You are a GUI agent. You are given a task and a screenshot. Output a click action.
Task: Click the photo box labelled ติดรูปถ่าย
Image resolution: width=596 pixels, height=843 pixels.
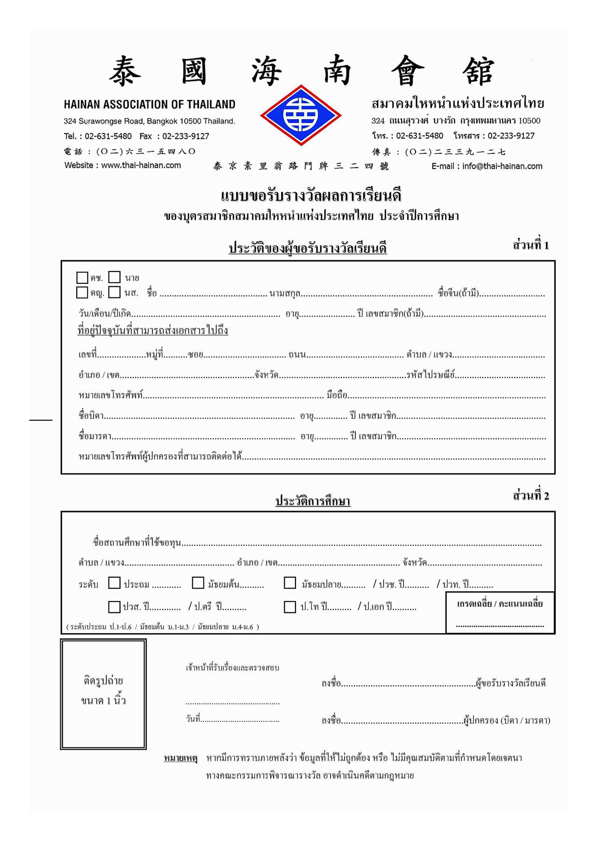pos(103,694)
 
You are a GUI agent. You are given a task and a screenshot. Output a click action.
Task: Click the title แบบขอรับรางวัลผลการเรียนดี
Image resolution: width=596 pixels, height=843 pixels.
pos(311,196)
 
